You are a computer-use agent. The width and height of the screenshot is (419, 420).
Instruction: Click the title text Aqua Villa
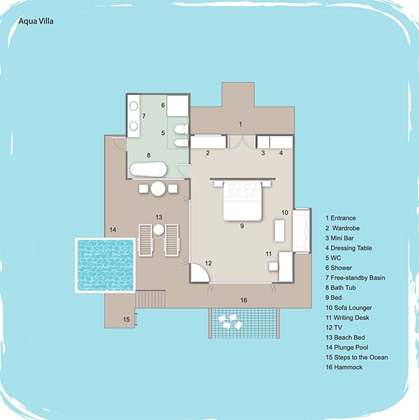(36, 21)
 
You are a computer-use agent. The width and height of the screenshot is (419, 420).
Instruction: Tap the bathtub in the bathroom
(149, 169)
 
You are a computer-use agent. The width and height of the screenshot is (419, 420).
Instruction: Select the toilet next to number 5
(182, 129)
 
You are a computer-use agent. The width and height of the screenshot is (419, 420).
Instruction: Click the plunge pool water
(105, 265)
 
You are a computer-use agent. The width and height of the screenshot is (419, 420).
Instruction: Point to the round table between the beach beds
(159, 229)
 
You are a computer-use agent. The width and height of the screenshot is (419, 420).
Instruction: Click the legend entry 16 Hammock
(344, 367)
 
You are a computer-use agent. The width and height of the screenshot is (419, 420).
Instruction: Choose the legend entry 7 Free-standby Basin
(355, 277)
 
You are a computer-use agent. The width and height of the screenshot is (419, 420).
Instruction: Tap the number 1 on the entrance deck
(240, 124)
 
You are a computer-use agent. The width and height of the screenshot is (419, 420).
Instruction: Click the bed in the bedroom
(242, 201)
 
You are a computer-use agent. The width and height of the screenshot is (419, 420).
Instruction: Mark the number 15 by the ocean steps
(126, 319)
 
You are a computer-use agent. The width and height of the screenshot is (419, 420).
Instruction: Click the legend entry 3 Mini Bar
(339, 238)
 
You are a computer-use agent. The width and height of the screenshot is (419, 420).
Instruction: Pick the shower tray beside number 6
(178, 106)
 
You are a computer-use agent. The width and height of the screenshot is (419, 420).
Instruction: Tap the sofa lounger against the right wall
(302, 231)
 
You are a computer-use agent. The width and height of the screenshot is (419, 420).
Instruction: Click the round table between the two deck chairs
(158, 189)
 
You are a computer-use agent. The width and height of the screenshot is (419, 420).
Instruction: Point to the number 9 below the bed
(242, 226)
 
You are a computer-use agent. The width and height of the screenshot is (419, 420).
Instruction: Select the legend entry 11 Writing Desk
(347, 318)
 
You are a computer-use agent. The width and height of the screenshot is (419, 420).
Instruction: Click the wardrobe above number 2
(208, 142)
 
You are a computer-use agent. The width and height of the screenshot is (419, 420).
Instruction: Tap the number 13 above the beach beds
(159, 217)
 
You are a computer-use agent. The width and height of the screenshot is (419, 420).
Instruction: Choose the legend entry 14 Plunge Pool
(346, 347)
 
